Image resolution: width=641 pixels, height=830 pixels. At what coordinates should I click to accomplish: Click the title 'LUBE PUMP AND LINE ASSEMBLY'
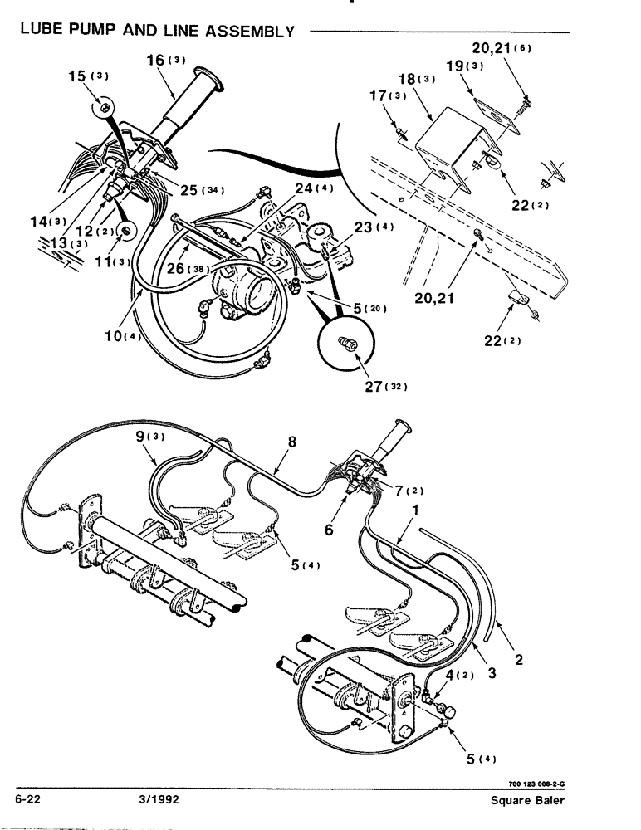[155, 32]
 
